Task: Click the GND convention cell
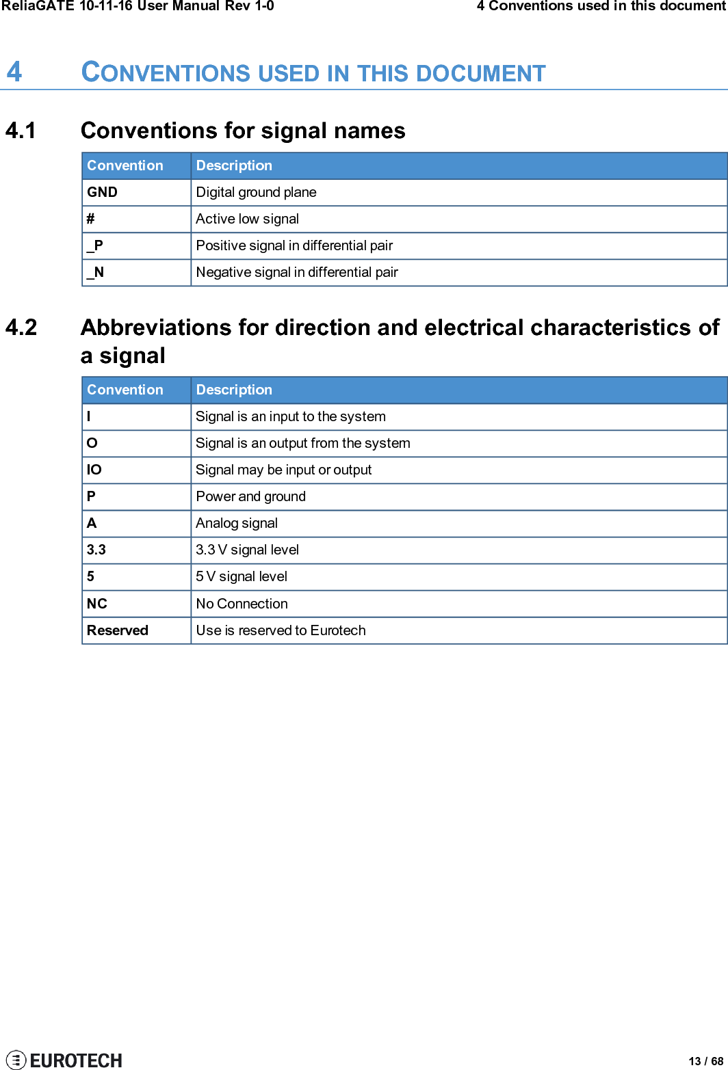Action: coord(103,192)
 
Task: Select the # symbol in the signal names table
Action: coord(90,219)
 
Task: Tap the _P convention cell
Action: coord(95,245)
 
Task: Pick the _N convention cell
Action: coord(96,272)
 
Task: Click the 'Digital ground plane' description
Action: coord(256,192)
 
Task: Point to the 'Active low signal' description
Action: coord(247,219)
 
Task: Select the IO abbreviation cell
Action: coord(94,470)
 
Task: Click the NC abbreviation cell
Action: coord(97,604)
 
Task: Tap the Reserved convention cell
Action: coord(118,630)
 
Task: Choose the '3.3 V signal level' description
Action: coord(247,550)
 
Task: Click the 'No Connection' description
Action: coord(242,604)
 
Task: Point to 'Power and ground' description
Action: coord(250,496)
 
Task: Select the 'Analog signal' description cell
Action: coord(237,523)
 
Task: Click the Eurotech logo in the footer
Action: coord(64,1060)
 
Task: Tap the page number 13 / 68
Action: coord(705,1061)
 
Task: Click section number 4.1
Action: coord(21,131)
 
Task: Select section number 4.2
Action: coord(21,327)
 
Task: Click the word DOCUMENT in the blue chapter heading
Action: coord(480,74)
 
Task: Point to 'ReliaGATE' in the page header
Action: coord(38,6)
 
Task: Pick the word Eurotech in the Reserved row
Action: coord(337,630)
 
